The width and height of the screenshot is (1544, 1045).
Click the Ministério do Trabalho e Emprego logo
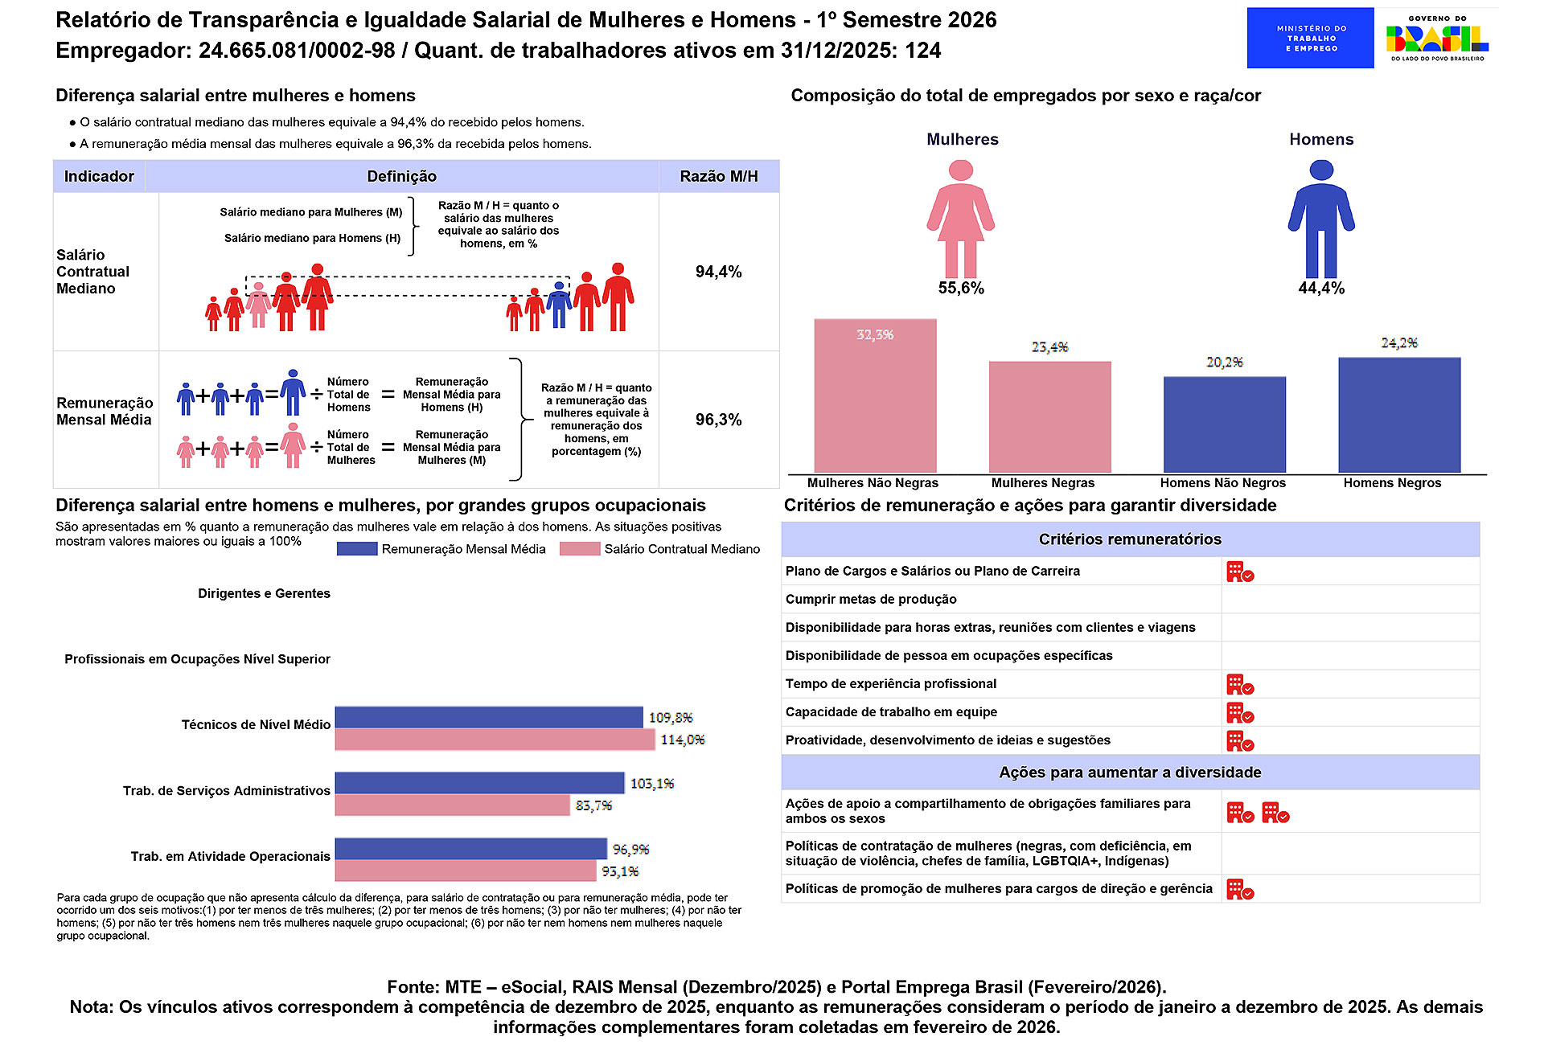(1310, 38)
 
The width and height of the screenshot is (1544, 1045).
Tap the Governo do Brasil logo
(1437, 38)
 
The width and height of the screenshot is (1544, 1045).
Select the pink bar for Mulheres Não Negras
(875, 395)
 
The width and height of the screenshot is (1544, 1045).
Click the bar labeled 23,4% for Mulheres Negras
(1049, 416)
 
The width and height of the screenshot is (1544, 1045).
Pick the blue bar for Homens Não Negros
(1224, 424)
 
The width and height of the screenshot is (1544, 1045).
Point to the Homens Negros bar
(1399, 415)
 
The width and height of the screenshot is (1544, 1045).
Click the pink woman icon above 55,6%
(960, 219)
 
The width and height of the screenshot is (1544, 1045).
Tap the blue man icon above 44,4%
(1321, 219)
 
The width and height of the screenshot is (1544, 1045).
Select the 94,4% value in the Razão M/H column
(718, 272)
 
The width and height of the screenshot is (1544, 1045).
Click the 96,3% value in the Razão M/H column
(718, 420)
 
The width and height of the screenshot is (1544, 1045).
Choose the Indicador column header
(99, 176)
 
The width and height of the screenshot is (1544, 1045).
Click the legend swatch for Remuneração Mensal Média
(357, 549)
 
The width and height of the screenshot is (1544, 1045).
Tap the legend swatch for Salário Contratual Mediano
(580, 549)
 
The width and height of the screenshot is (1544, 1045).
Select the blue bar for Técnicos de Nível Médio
(489, 717)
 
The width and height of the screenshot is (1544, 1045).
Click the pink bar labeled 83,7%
(453, 805)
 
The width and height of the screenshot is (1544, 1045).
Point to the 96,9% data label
(630, 850)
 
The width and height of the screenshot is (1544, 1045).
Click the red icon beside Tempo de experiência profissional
(1240, 684)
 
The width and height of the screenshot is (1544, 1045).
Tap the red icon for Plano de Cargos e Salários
(1240, 572)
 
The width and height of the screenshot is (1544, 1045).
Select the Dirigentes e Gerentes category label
(264, 593)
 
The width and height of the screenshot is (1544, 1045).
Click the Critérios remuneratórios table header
(1130, 539)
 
